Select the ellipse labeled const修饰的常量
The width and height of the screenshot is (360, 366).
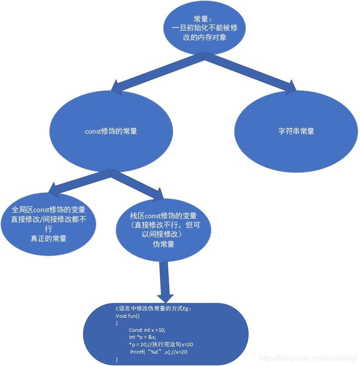110,131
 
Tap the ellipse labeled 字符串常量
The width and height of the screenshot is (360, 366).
296,131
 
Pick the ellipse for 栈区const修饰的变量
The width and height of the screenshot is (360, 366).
163,230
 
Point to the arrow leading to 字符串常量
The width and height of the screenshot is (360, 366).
250,72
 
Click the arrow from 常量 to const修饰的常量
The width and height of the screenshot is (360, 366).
158,72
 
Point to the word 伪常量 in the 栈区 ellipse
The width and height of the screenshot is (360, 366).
163,245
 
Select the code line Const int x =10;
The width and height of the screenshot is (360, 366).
147,330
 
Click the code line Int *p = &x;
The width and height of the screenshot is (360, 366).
143,337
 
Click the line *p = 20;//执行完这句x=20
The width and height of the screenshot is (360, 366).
161,345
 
